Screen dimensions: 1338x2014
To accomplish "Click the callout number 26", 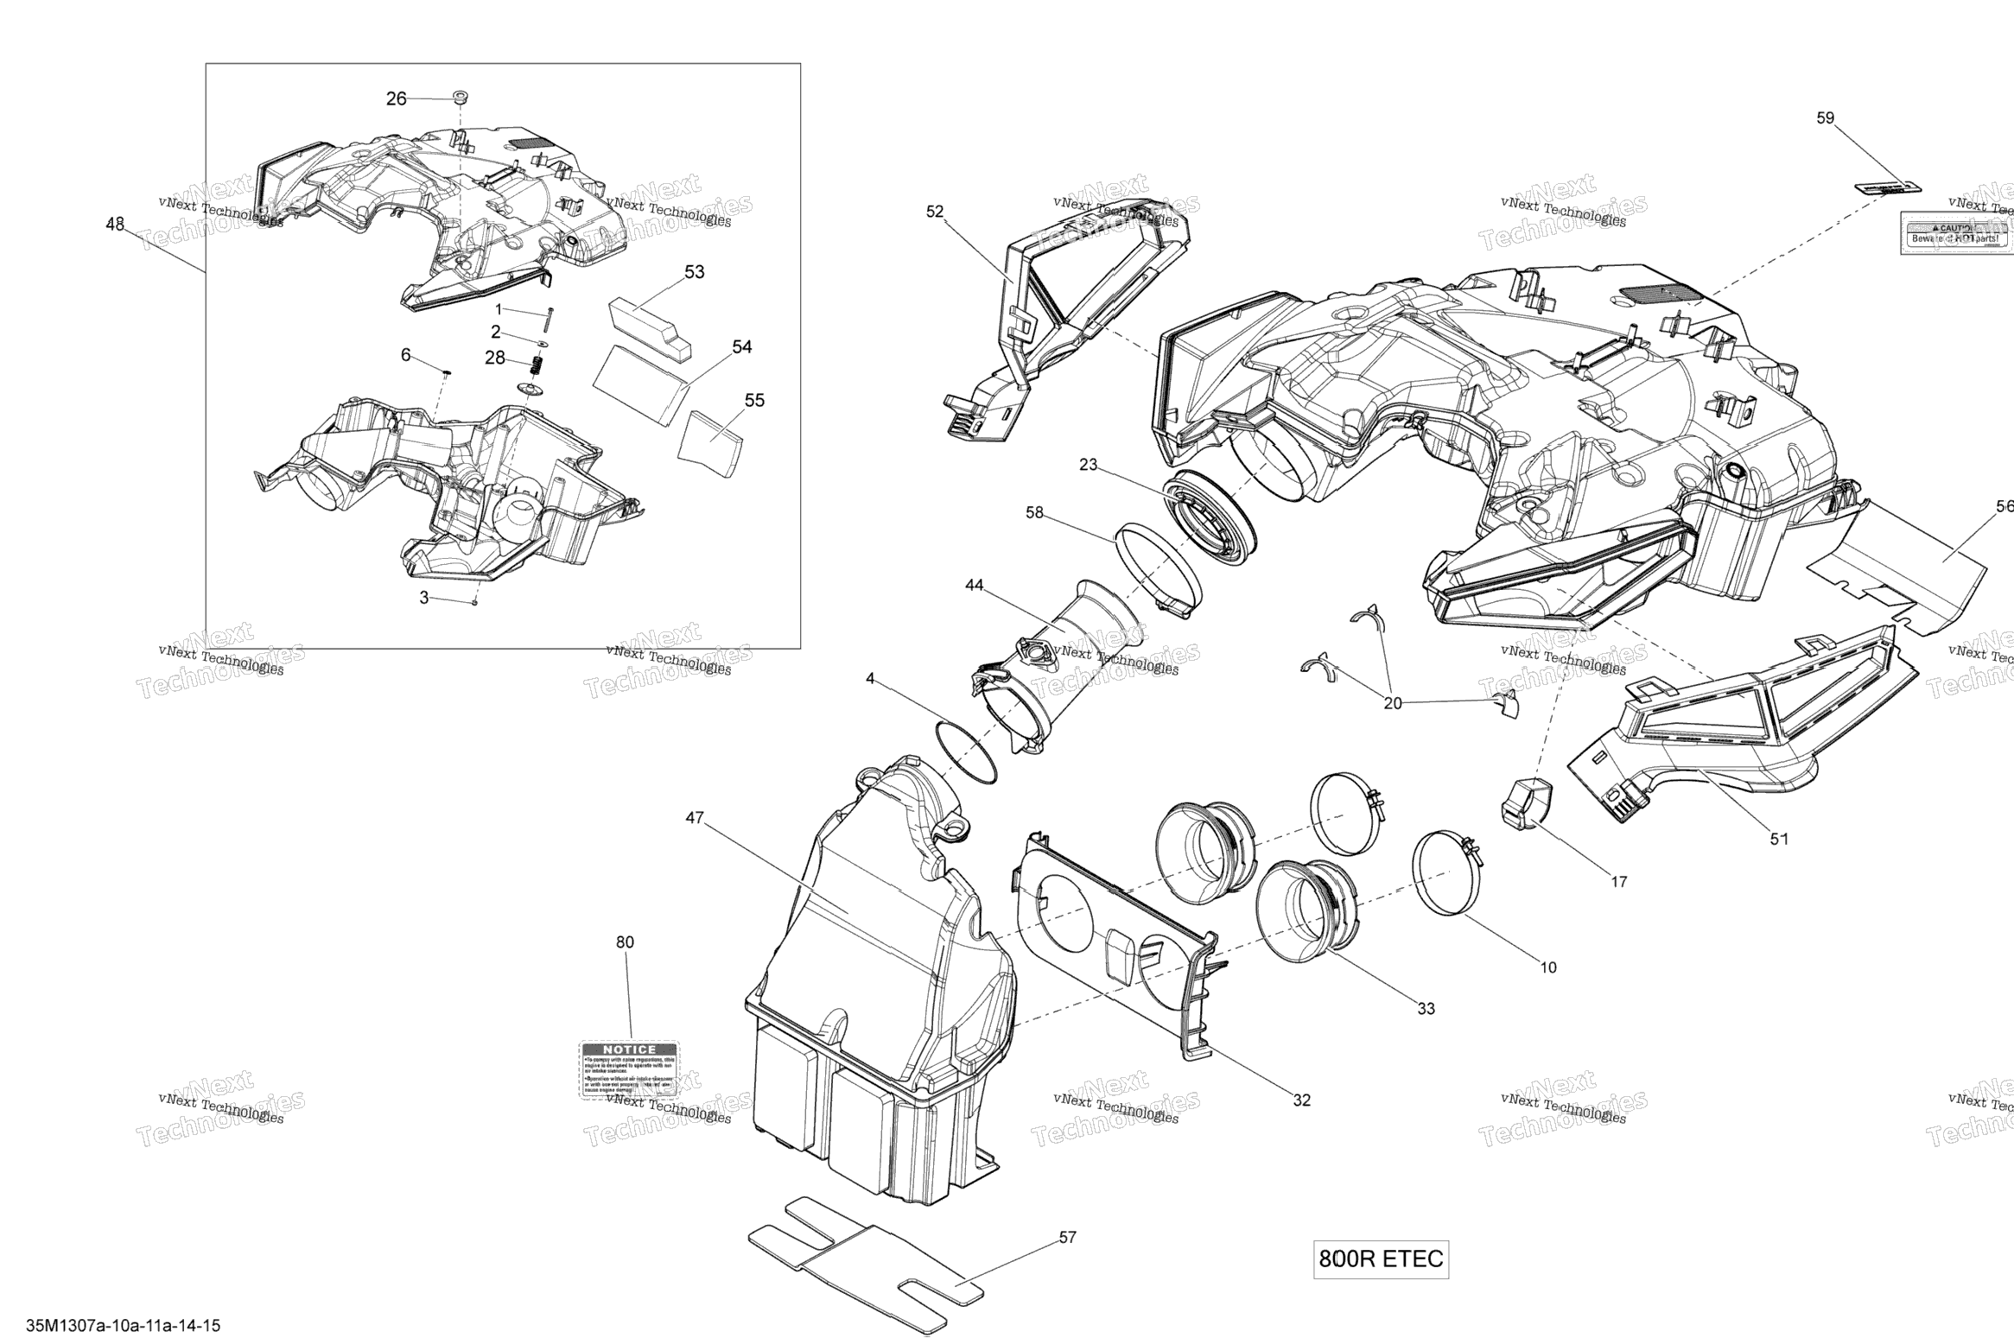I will coord(396,99).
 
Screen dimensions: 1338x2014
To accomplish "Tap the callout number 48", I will coord(115,225).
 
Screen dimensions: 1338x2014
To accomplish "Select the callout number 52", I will coord(935,212).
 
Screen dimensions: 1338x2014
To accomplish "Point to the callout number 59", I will coord(1825,118).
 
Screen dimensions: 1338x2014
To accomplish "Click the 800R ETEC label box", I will coord(1380,1259).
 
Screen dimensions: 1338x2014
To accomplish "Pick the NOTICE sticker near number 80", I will coord(628,1069).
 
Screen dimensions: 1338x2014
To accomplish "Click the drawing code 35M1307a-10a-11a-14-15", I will coord(124,1325).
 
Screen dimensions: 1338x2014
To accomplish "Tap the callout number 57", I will coord(1068,1238).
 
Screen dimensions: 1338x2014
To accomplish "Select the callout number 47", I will coord(695,817).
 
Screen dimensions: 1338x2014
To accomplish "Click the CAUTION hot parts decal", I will coord(1954,234).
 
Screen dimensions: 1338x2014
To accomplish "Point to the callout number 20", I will coord(1393,703).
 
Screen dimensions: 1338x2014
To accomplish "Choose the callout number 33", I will coord(1426,1008).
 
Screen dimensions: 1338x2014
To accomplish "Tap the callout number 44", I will coord(974,586).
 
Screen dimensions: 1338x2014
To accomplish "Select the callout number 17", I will coord(1618,882).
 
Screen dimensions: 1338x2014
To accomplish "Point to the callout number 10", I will coord(1548,967).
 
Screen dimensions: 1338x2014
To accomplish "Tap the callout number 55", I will coord(754,401).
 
